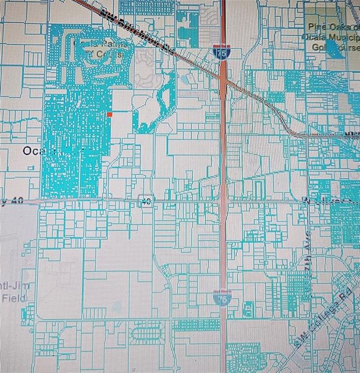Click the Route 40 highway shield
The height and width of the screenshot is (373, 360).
pos(147,201)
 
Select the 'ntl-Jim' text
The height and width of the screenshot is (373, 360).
pos(11,286)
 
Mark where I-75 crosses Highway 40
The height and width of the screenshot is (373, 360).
pos(223,200)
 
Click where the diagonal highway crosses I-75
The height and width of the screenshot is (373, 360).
pos(223,74)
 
